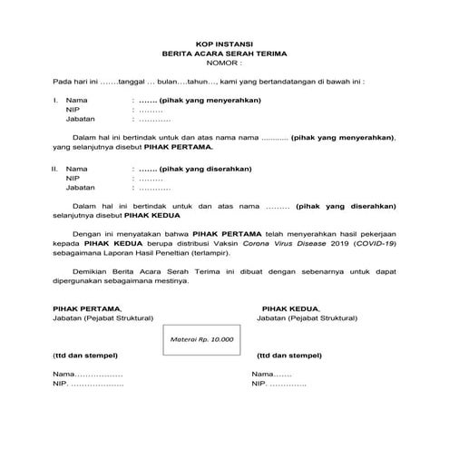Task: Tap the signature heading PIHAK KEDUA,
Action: pos(290,308)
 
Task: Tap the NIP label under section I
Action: pos(73,109)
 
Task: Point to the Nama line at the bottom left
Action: pos(87,375)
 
